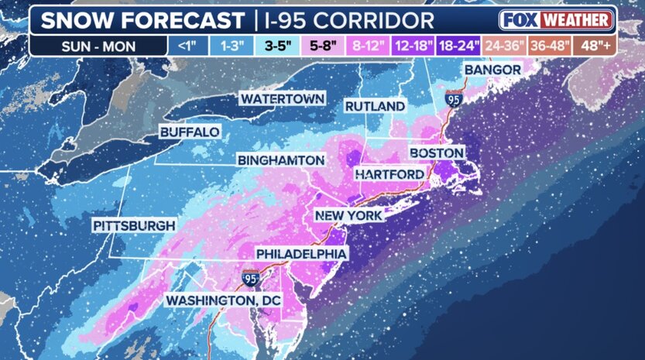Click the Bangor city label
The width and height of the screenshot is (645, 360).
click(x=492, y=70)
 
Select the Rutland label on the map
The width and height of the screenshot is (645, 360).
click(x=375, y=105)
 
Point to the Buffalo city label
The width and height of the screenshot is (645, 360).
click(x=190, y=132)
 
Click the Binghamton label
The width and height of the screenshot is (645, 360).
click(x=280, y=159)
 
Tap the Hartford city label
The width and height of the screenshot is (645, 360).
click(x=389, y=174)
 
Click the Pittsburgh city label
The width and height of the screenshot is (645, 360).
click(x=134, y=225)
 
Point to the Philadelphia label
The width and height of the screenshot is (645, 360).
click(x=302, y=253)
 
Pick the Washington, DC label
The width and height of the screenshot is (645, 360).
click(x=223, y=300)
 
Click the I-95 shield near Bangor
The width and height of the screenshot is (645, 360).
click(x=453, y=98)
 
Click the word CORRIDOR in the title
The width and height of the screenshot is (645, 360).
click(x=379, y=19)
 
